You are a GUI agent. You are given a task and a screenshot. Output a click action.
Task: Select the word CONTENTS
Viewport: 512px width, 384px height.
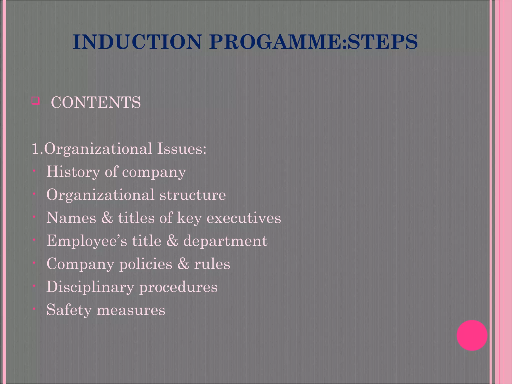pyautogui.click(x=96, y=102)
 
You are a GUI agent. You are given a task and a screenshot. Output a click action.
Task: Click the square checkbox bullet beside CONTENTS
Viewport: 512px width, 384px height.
pyautogui.click(x=35, y=101)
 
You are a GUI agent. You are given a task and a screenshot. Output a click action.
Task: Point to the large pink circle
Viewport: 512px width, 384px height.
pyautogui.click(x=472, y=335)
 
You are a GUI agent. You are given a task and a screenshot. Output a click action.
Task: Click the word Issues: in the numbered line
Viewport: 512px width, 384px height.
pyautogui.click(x=181, y=149)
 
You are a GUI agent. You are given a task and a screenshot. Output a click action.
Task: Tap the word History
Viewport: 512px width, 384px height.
pyautogui.click(x=73, y=172)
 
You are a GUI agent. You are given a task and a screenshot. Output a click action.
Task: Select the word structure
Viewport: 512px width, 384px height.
pyautogui.click(x=193, y=195)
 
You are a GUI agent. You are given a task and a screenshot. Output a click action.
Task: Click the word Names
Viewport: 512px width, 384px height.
pyautogui.click(x=71, y=218)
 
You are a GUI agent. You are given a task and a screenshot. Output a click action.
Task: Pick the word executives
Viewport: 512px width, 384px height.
pyautogui.click(x=244, y=218)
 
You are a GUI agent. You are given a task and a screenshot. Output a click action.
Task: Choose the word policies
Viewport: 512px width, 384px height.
pyautogui.click(x=146, y=264)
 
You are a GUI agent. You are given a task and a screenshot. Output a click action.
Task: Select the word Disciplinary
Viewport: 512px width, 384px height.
pyautogui.click(x=90, y=287)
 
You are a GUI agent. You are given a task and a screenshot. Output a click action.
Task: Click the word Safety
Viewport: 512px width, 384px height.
pyautogui.click(x=69, y=310)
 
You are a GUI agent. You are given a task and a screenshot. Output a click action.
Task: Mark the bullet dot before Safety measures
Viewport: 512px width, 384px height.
pyautogui.click(x=34, y=309)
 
